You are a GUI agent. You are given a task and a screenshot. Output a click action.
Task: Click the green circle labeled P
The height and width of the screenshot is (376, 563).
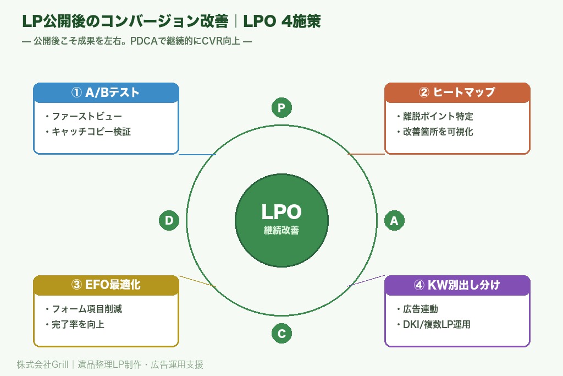281,108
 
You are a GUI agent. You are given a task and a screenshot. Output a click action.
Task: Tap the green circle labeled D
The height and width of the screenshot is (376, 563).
169,221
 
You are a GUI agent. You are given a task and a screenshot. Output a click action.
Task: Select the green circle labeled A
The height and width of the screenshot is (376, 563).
394,221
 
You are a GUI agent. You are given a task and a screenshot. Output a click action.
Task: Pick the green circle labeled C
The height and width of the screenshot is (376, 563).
281,333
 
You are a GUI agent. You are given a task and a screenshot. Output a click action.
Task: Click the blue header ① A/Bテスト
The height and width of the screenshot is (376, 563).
106,92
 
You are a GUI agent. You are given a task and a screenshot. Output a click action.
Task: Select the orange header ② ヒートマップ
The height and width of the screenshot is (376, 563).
457,92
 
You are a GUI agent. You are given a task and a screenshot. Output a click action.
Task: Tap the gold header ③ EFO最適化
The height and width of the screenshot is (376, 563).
106,285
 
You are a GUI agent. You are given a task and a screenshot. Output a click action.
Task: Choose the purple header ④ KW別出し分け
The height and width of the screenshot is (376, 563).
457,285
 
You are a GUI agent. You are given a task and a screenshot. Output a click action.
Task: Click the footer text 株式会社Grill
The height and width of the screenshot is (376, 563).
42,364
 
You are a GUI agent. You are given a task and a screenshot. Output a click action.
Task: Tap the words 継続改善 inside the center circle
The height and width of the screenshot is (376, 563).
281,231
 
